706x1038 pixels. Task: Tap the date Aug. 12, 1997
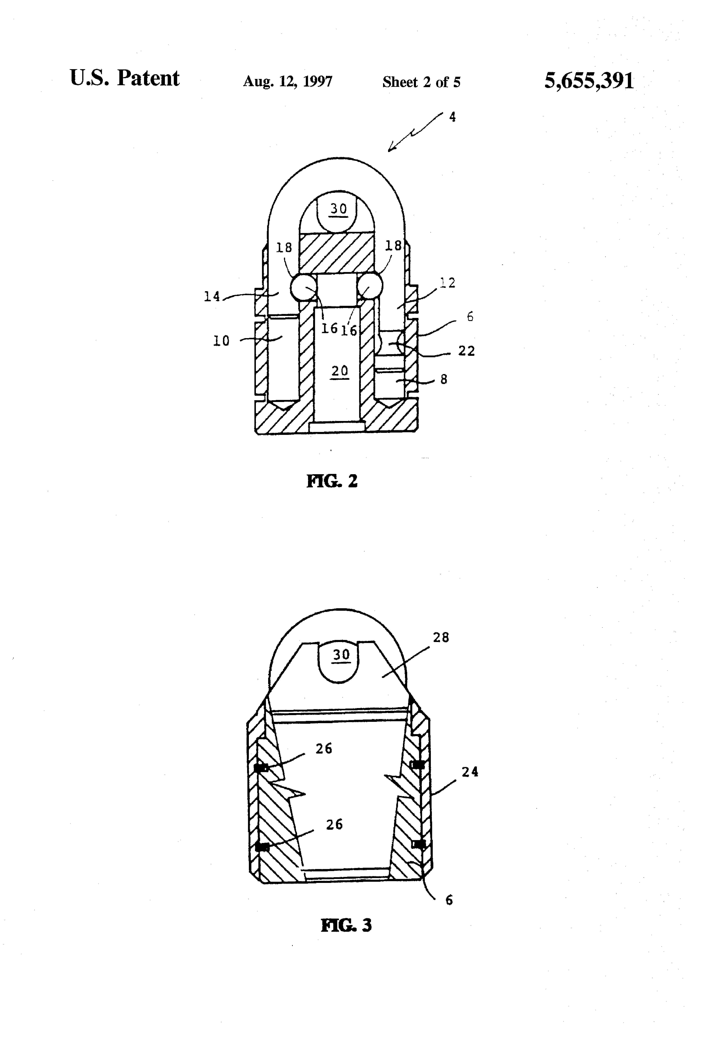287,82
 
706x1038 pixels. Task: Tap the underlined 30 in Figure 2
338,209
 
